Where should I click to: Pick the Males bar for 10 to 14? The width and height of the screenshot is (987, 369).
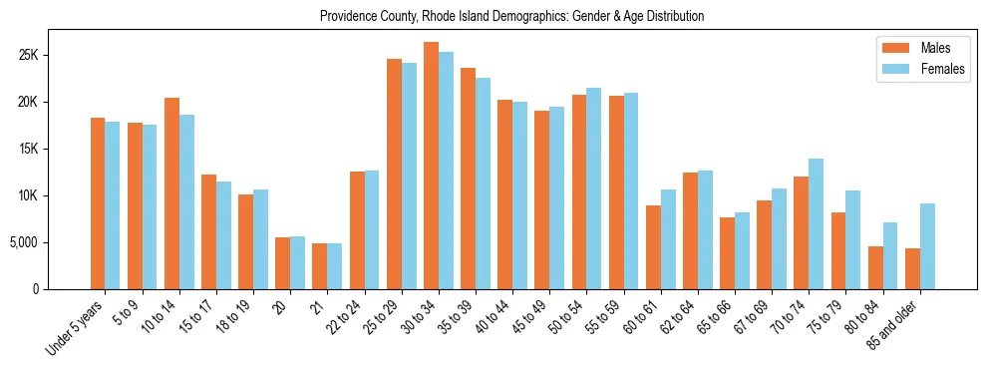click(171, 193)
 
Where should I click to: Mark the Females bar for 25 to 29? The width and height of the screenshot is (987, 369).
click(409, 176)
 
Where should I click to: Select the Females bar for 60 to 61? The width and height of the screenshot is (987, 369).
click(668, 239)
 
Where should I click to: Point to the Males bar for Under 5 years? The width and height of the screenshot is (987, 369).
click(98, 203)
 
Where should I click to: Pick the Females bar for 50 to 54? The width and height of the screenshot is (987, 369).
click(594, 188)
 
